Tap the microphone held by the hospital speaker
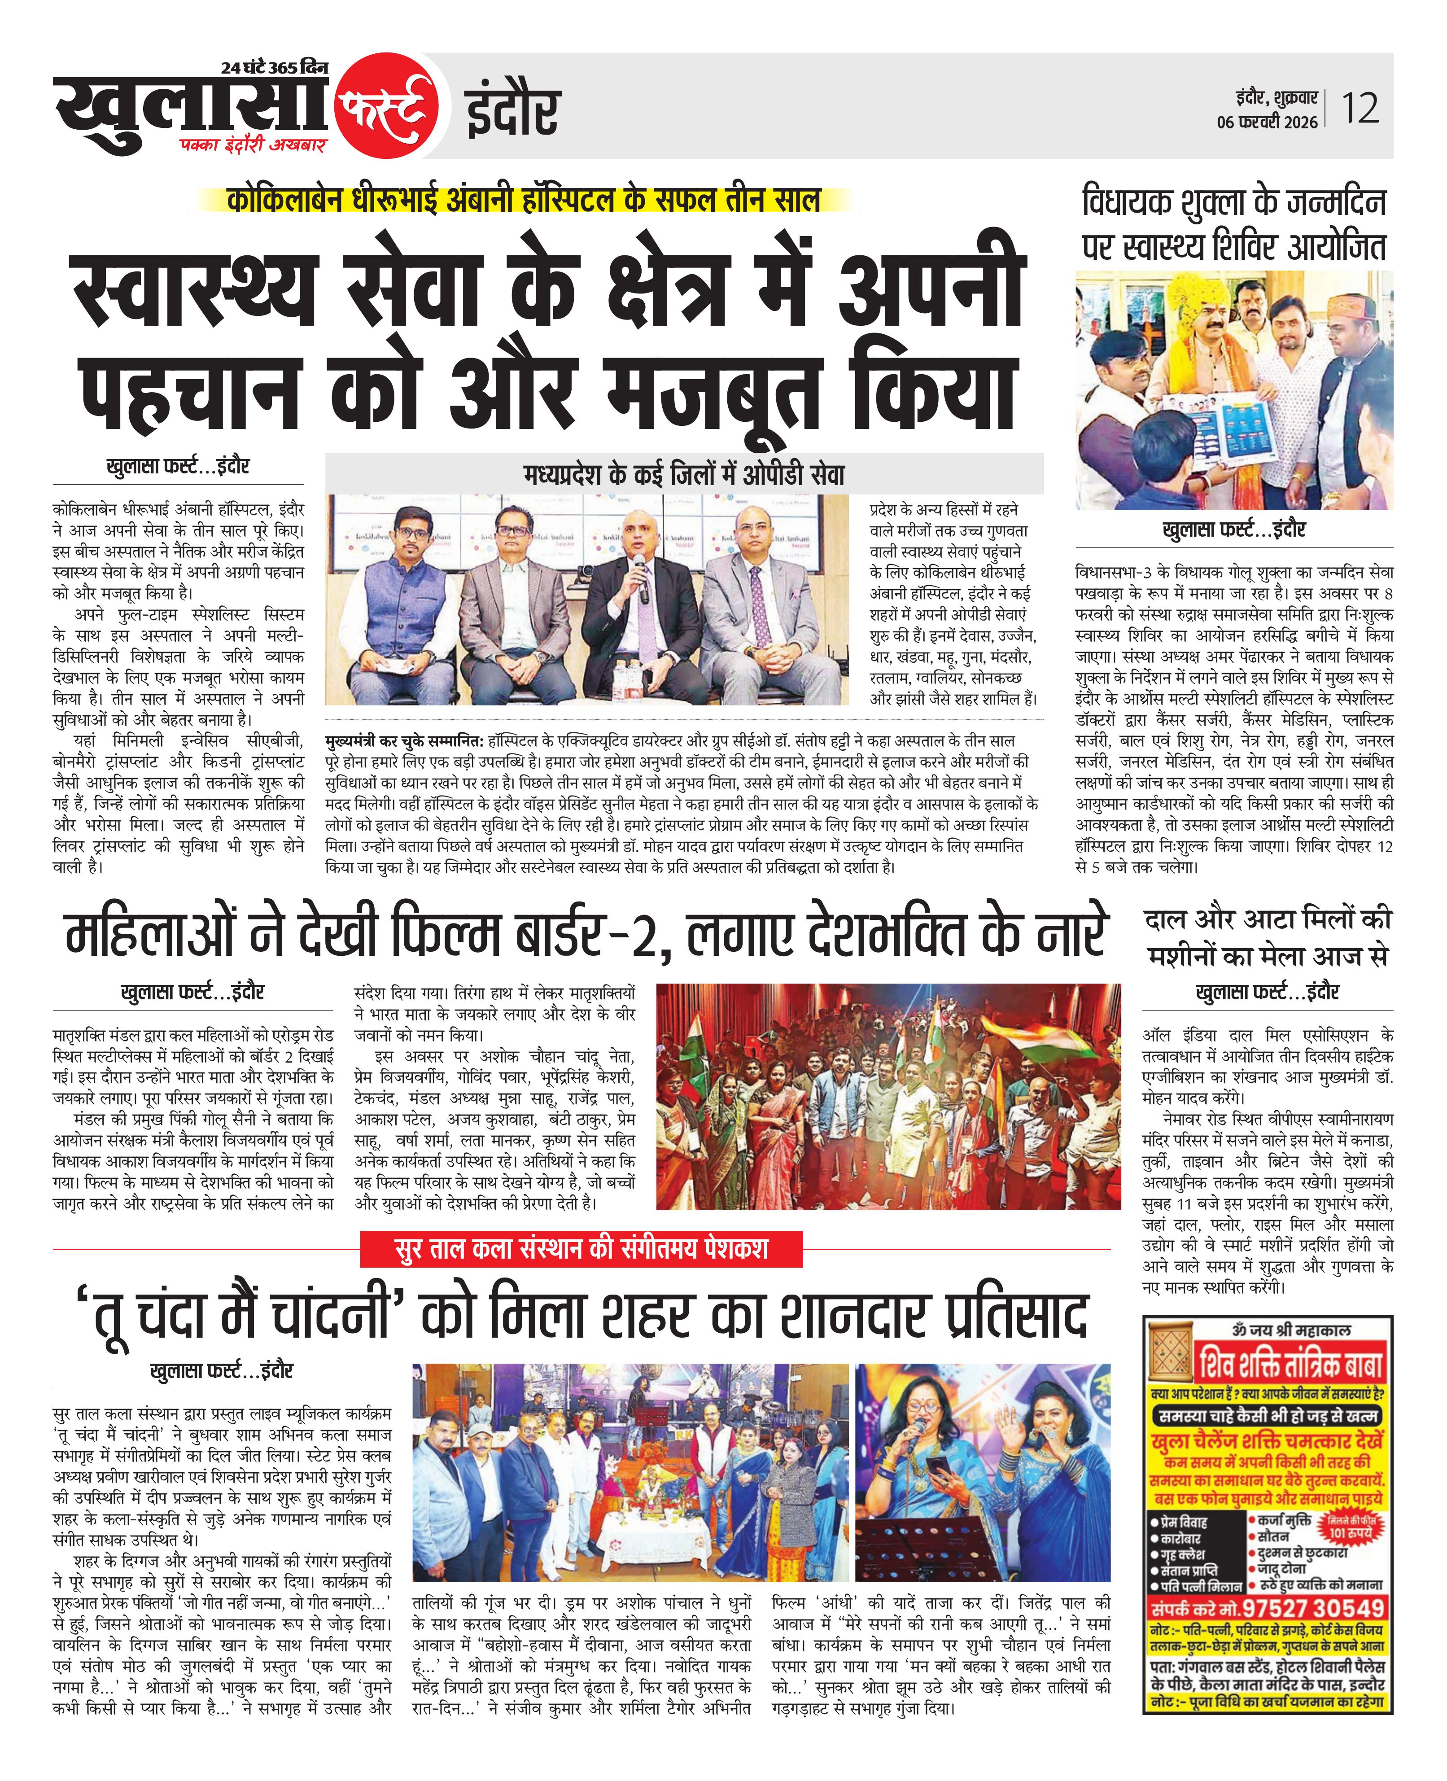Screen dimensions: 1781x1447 click(x=640, y=575)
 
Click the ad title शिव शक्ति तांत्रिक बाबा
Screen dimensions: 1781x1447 click(x=1290, y=1364)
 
